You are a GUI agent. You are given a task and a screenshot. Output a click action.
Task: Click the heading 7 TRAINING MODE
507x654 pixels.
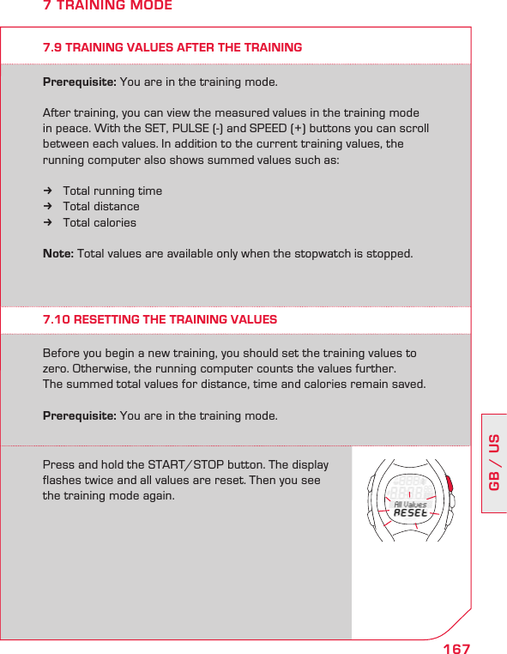click(107, 7)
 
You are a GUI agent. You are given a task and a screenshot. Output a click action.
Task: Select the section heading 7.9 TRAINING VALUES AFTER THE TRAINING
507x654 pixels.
click(172, 47)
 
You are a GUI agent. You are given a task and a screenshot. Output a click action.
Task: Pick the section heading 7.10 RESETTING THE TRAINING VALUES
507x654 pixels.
click(160, 319)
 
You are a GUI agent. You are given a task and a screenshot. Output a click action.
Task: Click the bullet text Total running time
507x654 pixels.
click(112, 191)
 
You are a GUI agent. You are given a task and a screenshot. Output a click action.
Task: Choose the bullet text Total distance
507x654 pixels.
click(101, 206)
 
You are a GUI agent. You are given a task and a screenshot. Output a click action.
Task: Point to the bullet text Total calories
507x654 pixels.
click(100, 222)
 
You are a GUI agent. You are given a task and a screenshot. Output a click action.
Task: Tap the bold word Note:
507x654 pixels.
click(59, 254)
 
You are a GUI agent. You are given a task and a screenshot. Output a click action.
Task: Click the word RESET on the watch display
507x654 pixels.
click(411, 512)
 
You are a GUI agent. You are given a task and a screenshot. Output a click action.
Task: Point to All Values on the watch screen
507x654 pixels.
click(411, 504)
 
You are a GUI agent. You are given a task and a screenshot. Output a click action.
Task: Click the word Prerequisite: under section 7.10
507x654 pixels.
click(80, 415)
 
